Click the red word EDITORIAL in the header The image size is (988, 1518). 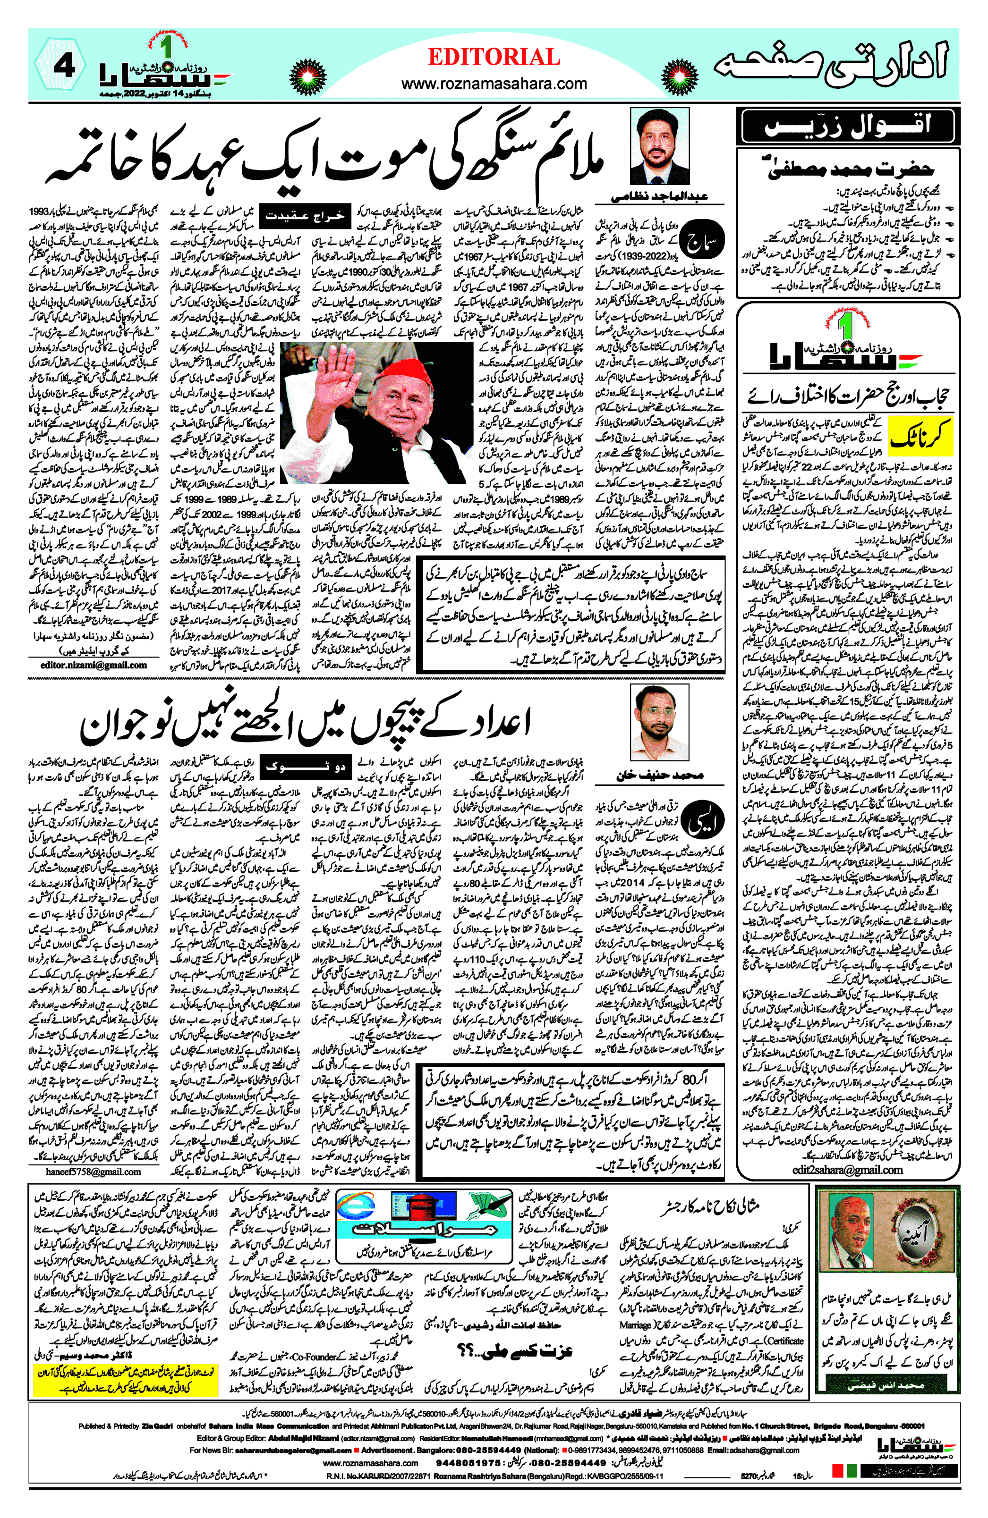(494, 58)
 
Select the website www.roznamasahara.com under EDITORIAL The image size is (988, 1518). (494, 84)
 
